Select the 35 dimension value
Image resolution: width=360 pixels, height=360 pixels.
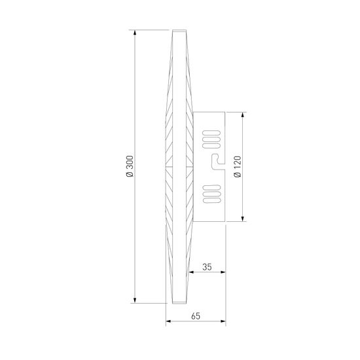[207, 267]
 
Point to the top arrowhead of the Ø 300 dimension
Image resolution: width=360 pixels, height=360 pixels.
[134, 32]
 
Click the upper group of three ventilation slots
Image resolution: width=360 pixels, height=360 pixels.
[210, 139]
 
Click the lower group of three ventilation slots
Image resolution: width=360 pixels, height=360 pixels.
[210, 194]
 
